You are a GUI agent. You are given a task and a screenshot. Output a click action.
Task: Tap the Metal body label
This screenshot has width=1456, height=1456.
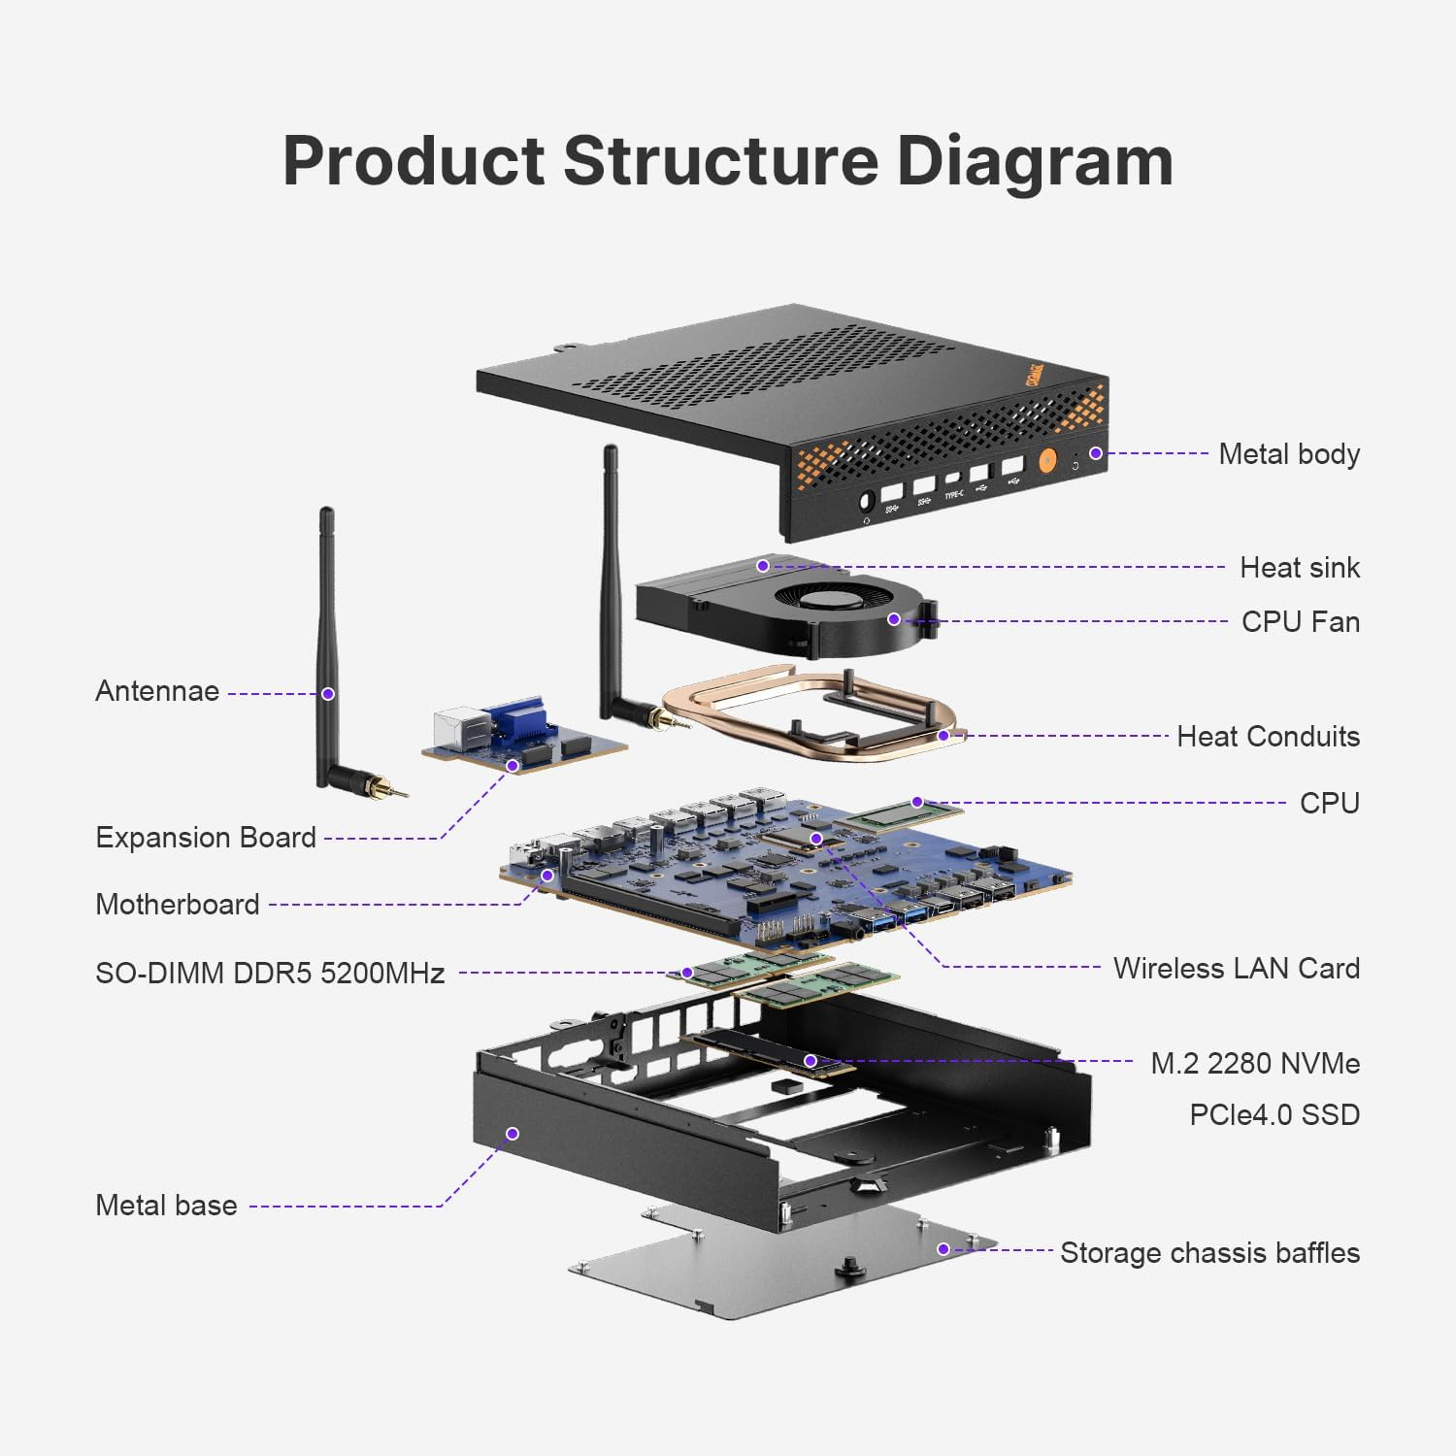point(1288,454)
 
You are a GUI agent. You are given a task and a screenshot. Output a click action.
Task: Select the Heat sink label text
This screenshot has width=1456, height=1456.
point(1299,568)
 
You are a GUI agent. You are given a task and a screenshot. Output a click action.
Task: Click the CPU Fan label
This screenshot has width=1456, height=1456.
point(1300,622)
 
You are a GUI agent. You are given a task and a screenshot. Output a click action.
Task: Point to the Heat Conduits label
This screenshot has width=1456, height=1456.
point(1267,737)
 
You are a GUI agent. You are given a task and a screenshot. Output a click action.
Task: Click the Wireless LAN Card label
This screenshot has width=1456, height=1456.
point(1236,969)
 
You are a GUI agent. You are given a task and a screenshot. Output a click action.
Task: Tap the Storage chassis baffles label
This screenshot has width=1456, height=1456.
point(1208,1253)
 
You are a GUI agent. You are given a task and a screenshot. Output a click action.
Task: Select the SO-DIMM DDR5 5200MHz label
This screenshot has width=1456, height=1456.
point(270,974)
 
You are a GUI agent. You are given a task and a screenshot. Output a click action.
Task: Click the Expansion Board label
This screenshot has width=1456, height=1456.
point(206,838)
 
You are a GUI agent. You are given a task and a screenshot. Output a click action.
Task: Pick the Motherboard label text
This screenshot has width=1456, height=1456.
point(178,905)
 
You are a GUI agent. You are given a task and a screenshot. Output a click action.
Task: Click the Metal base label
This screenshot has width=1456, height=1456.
point(166,1206)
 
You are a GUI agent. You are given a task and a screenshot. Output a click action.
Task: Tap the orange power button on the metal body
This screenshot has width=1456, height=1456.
point(1047,460)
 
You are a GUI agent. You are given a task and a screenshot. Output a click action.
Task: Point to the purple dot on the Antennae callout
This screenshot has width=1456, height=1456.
point(328,694)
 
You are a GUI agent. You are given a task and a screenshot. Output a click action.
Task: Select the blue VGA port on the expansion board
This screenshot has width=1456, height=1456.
point(518,719)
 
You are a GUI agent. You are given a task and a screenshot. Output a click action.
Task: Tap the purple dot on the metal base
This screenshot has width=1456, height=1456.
point(513,1134)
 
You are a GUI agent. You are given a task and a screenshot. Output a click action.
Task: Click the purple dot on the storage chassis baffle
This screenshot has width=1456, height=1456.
point(943,1248)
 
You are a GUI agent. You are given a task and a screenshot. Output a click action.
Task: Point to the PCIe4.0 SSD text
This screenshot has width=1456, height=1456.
point(1274,1115)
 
